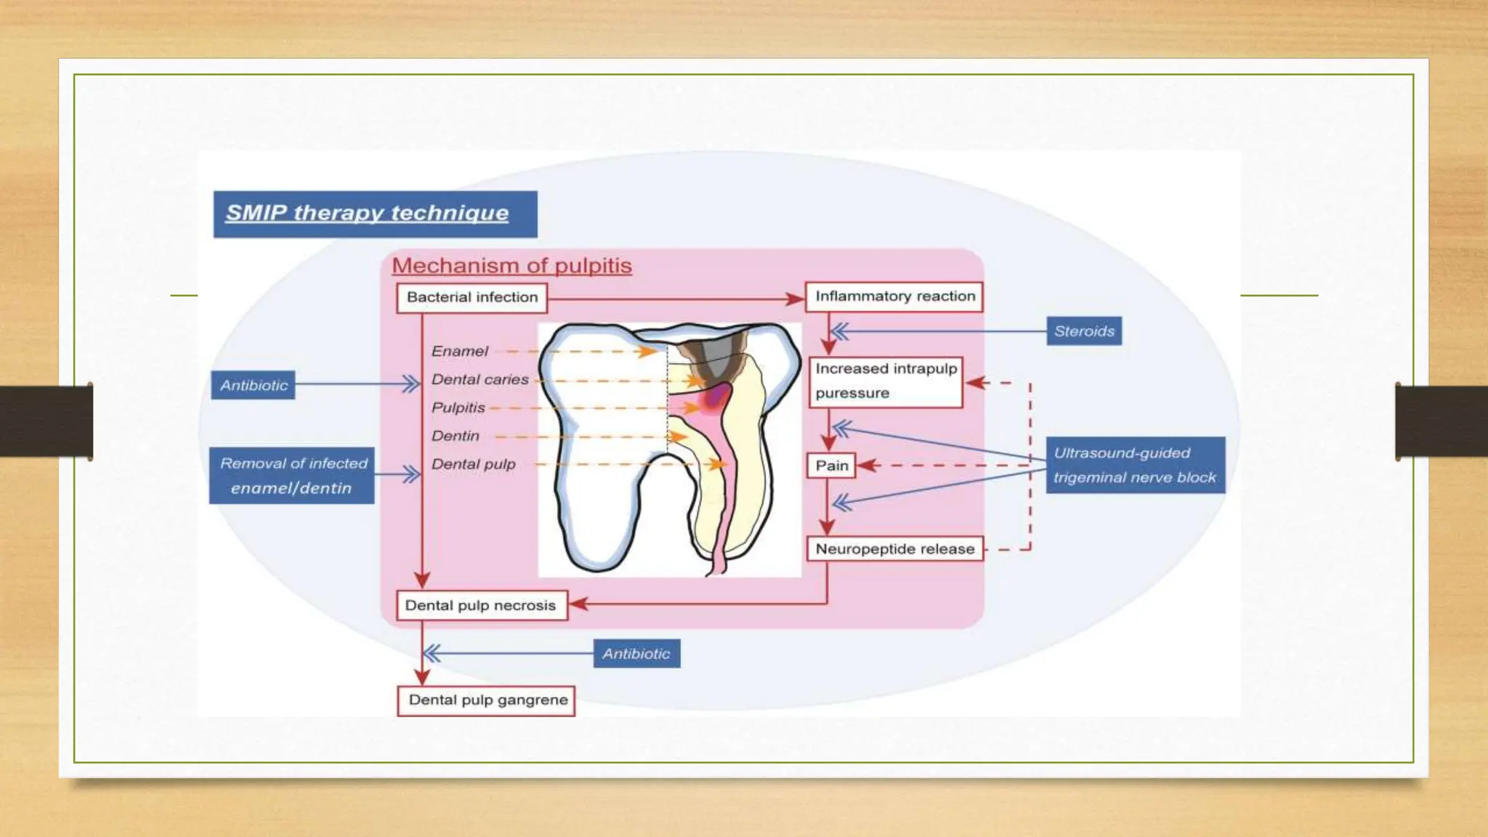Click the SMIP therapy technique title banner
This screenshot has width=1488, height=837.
[375, 214]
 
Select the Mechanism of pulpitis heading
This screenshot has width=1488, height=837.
[511, 266]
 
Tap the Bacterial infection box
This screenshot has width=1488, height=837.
[472, 297]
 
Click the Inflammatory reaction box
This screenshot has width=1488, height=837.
[894, 296]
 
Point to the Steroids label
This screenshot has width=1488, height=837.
[1084, 331]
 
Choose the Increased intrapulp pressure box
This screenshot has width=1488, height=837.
[886, 381]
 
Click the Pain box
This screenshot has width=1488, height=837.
[831, 466]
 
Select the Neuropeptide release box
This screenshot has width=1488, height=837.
[894, 549]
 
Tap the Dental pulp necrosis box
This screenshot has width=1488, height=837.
[481, 606]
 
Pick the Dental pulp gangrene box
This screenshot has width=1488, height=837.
[487, 700]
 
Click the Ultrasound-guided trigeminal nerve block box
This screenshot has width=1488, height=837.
[1135, 465]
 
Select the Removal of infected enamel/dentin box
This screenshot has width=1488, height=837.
[292, 476]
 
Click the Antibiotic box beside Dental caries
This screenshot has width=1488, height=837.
[254, 385]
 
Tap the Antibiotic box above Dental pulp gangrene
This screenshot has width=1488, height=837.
[636, 654]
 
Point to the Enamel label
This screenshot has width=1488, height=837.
[459, 352]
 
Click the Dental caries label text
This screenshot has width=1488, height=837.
[480, 380]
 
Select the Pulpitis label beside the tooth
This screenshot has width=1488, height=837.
[458, 408]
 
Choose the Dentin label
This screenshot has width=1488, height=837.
[456, 436]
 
